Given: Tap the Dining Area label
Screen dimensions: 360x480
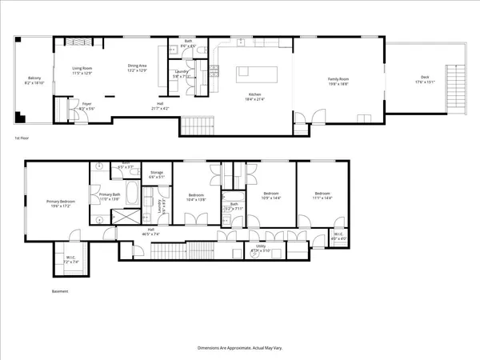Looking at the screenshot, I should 138,67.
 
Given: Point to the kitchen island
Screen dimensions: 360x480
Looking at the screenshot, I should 256,75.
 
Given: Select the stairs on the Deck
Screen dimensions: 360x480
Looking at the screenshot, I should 458,80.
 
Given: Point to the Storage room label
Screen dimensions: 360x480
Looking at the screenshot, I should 157,175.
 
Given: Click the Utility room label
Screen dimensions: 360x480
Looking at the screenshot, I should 260,249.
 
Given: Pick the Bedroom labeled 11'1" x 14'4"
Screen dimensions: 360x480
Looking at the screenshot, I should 322,195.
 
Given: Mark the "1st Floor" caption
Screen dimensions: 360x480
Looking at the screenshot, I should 22,138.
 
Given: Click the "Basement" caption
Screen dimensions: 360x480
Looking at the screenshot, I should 60,291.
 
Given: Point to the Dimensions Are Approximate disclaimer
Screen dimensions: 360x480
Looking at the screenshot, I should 239,349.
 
